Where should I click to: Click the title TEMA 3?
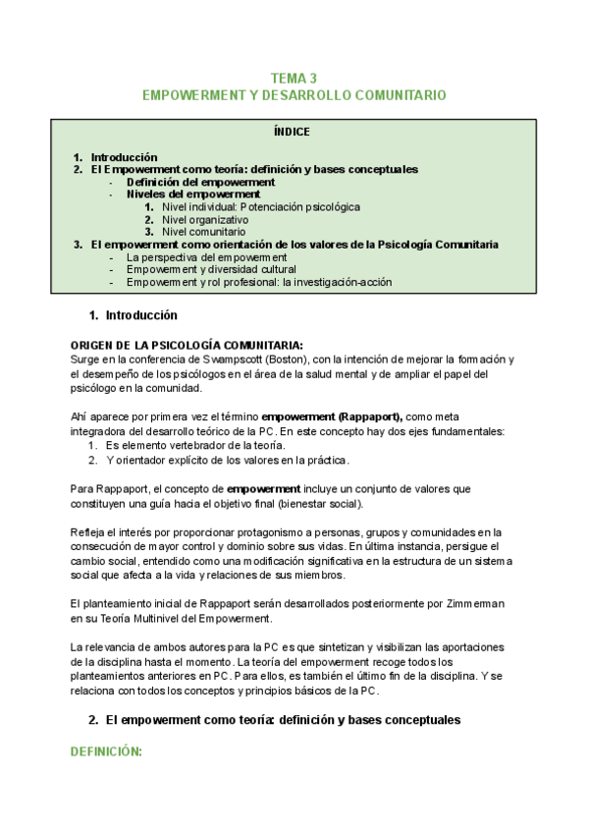pos(294,78)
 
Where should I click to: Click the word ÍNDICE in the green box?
pos(294,131)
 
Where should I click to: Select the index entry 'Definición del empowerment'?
pos(200,182)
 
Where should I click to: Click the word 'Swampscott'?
pos(229,359)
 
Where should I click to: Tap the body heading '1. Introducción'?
pos(133,315)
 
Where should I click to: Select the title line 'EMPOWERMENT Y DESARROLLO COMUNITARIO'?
pos(294,95)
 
